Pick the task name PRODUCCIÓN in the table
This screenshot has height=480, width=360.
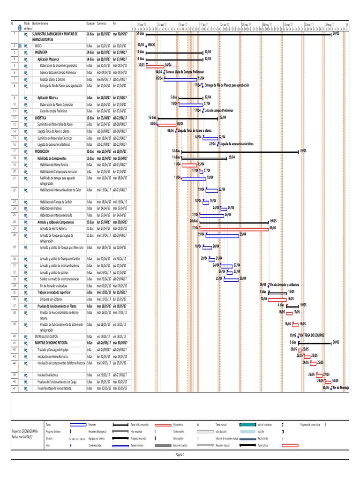click(43, 151)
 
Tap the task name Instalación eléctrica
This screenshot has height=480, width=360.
click(50, 375)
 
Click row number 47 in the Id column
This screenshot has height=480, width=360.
click(15, 389)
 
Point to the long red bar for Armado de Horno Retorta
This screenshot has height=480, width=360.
click(230, 228)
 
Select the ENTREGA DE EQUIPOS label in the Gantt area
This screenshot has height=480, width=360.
click(313, 335)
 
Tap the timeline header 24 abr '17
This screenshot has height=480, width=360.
click(225, 23)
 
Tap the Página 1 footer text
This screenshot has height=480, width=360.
click(180, 454)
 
